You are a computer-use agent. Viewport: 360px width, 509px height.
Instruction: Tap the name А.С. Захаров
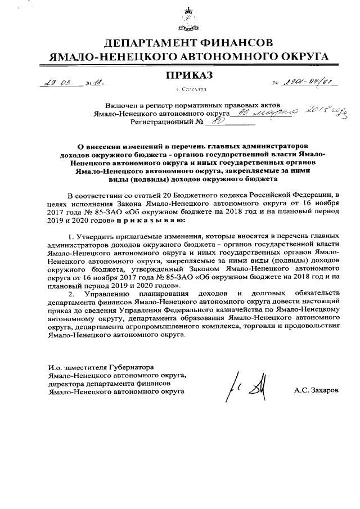(316, 390)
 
